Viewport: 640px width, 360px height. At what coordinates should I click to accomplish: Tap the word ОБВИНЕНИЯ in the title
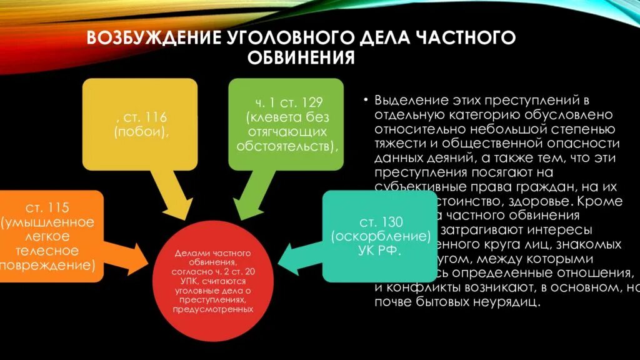pyautogui.click(x=302, y=58)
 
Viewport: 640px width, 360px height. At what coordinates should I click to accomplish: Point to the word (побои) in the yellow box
pyautogui.click(x=141, y=132)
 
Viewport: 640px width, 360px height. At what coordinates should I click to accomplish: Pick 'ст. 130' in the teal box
pyautogui.click(x=381, y=223)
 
